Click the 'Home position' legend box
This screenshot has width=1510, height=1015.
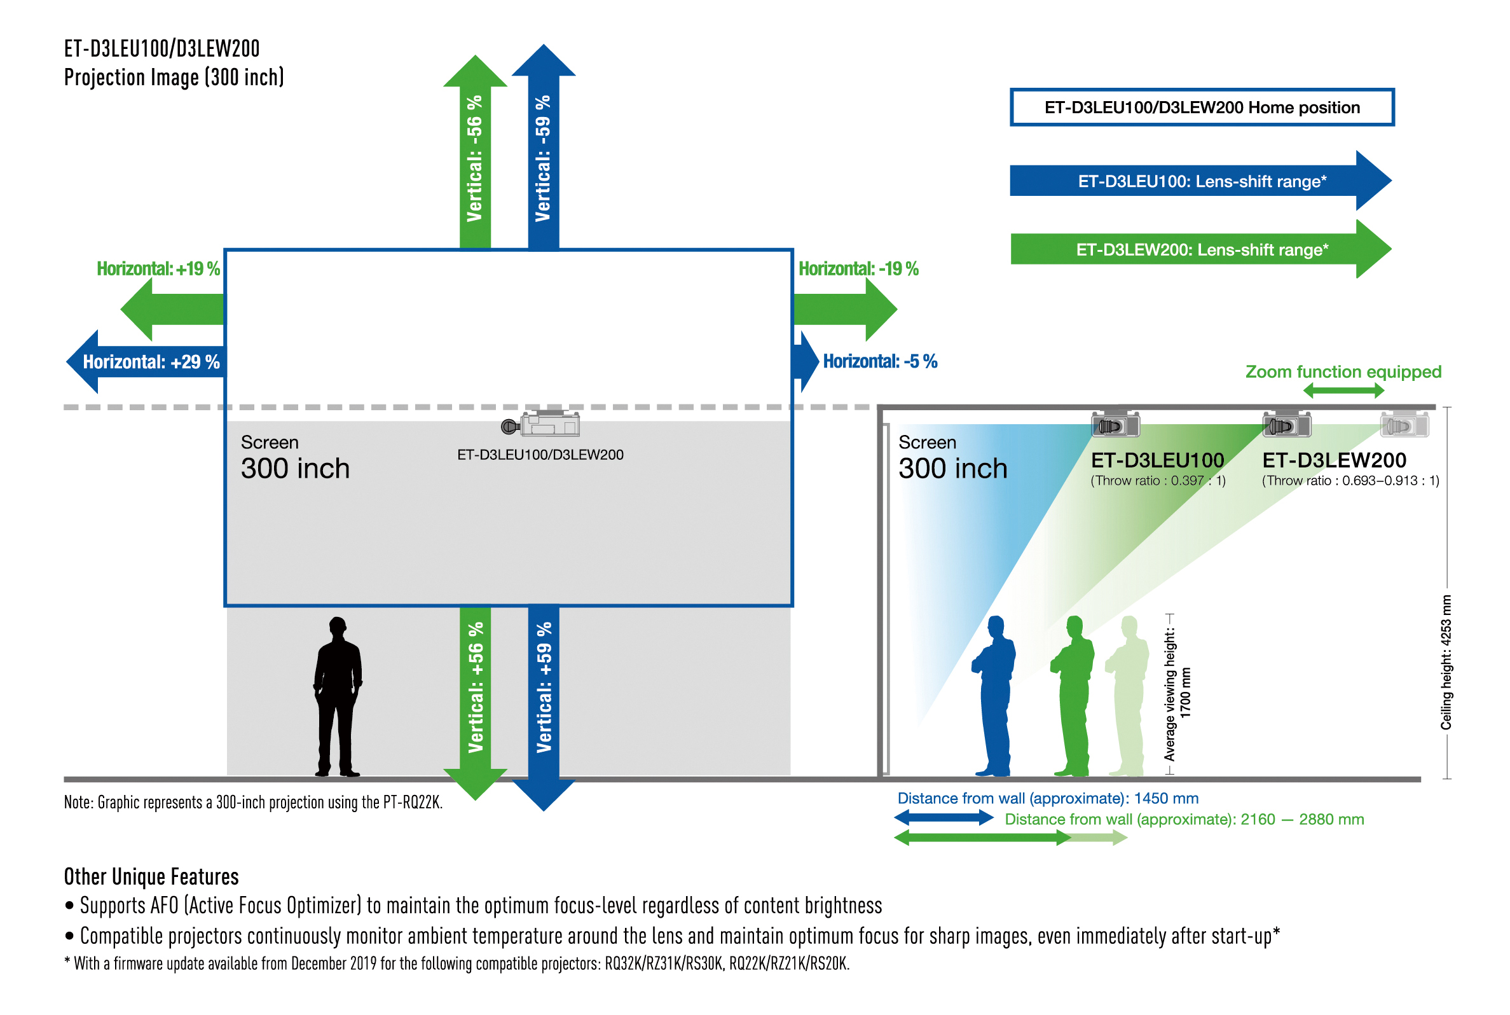click(x=1202, y=107)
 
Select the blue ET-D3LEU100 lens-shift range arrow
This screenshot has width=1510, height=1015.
click(x=1200, y=181)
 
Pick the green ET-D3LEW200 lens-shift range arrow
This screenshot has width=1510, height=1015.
click(x=1200, y=249)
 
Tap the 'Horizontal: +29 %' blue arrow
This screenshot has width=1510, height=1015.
click(x=149, y=362)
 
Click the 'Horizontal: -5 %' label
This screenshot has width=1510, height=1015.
click(x=880, y=361)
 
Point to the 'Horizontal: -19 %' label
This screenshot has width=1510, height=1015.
click(x=858, y=268)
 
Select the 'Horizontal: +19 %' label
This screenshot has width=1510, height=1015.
click(x=158, y=268)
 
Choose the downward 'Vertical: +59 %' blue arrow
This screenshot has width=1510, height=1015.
click(x=544, y=699)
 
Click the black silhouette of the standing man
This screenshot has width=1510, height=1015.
click(x=337, y=696)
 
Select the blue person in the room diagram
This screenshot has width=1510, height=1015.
click(x=994, y=696)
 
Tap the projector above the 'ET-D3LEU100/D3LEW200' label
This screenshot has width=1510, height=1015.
click(x=542, y=425)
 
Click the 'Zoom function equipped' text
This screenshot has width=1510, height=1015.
click(x=1343, y=371)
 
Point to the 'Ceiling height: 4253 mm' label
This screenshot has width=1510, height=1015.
click(x=1445, y=661)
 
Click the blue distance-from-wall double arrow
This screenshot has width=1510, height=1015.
click(x=944, y=818)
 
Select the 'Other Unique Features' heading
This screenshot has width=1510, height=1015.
click(x=151, y=876)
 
